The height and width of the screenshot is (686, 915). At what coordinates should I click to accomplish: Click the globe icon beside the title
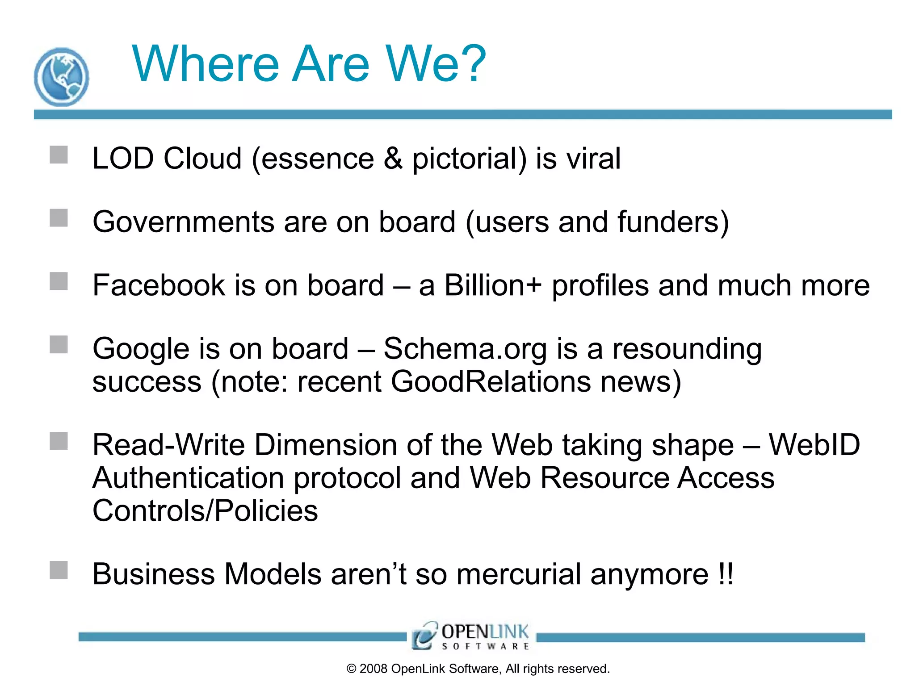pyautogui.click(x=61, y=77)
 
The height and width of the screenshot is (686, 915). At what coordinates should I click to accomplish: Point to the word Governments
pyautogui.click(x=183, y=222)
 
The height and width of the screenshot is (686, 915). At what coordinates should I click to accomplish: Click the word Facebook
pyautogui.click(x=159, y=285)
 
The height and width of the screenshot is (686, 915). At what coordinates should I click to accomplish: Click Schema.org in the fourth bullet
pyautogui.click(x=465, y=349)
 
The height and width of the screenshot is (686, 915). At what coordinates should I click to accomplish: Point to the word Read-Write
pyautogui.click(x=168, y=445)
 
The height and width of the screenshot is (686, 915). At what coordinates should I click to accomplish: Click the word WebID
pyautogui.click(x=814, y=445)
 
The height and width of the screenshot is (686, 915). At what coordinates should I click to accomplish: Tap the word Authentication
pyautogui.click(x=188, y=478)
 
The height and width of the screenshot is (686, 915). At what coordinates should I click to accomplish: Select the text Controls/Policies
pyautogui.click(x=205, y=511)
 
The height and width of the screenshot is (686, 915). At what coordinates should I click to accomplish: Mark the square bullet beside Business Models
pyautogui.click(x=59, y=570)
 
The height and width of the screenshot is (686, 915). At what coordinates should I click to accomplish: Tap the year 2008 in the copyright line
pyautogui.click(x=374, y=669)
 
